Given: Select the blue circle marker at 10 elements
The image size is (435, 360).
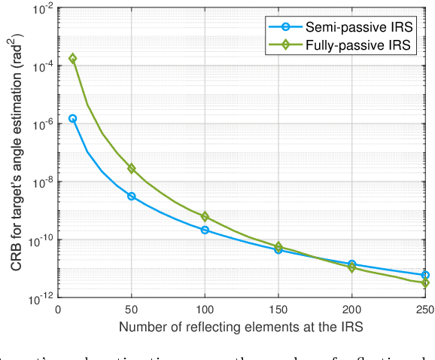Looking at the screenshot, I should click(x=72, y=118).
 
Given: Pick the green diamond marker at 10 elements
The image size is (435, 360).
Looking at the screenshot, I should click(x=72, y=58).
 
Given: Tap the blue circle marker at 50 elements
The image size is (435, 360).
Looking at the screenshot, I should click(x=132, y=197).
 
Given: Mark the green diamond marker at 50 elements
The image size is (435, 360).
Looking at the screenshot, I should click(x=132, y=169).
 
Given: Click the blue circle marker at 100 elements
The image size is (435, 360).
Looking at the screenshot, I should click(x=205, y=230).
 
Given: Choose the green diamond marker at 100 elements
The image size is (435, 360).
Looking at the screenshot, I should click(x=205, y=217).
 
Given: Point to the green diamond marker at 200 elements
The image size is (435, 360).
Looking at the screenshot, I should click(x=352, y=267).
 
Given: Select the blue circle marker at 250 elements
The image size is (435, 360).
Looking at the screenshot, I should click(x=425, y=276).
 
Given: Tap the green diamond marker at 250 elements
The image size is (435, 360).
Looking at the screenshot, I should click(x=425, y=283).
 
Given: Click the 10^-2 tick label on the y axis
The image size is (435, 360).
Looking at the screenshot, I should click(x=42, y=9).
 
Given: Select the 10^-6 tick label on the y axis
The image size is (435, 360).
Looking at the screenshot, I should click(x=42, y=124).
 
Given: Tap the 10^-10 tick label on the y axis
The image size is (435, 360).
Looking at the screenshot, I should click(x=41, y=240).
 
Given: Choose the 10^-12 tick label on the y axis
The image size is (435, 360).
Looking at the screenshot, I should click(x=41, y=298).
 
